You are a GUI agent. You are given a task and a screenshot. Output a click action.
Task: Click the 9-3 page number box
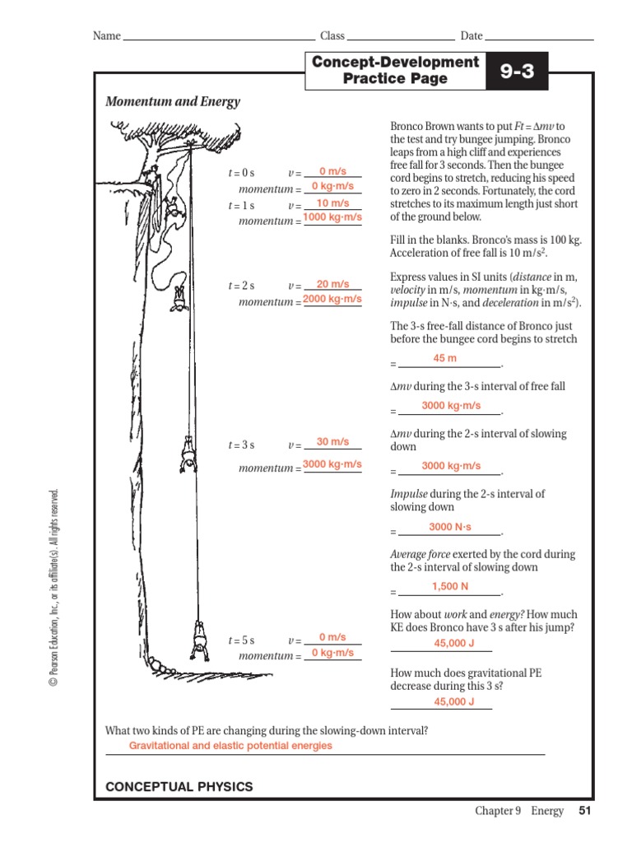click(x=517, y=72)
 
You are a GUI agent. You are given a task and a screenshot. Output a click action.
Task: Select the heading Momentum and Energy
click(x=173, y=102)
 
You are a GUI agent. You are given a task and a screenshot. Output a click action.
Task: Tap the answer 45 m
click(x=444, y=358)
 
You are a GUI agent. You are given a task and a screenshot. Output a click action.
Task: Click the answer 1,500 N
click(x=450, y=586)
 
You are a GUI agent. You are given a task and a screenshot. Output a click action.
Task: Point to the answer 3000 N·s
click(x=450, y=527)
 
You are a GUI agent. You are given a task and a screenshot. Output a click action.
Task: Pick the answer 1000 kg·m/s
click(x=332, y=217)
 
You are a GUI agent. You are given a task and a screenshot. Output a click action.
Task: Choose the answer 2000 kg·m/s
click(x=332, y=299)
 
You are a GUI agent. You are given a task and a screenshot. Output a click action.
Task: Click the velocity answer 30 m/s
click(x=333, y=441)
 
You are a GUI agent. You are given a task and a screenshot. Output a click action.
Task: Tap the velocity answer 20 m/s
click(x=333, y=283)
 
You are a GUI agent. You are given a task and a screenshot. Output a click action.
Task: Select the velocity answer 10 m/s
click(x=333, y=203)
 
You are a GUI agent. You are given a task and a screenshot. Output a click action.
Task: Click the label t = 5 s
click(x=241, y=640)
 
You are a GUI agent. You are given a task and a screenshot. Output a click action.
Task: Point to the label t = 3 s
click(x=241, y=445)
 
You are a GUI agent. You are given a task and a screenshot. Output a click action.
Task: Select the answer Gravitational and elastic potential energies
click(x=230, y=745)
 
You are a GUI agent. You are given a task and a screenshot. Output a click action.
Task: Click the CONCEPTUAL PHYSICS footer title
click(x=179, y=787)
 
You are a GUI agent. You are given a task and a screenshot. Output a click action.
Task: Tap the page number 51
click(x=585, y=811)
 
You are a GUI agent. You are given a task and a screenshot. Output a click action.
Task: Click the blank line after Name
click(x=218, y=37)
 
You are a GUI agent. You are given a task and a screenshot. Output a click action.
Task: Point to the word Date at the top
click(x=472, y=36)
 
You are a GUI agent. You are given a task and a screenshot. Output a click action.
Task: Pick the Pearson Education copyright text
click(x=54, y=588)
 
